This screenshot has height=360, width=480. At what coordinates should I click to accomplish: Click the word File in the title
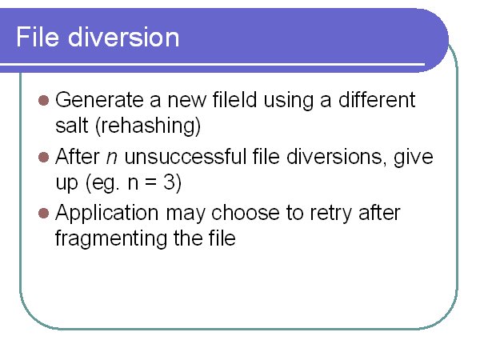[x=38, y=37]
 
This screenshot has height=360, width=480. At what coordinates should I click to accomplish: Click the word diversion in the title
[x=123, y=37]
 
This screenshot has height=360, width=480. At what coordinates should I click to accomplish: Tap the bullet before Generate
[x=44, y=101]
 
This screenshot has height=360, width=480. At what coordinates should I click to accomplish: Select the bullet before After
[x=44, y=157]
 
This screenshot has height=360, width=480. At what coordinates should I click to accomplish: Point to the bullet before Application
[x=44, y=213]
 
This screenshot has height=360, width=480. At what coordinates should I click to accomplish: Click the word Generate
[x=99, y=100]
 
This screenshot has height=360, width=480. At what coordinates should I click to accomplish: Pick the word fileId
[x=234, y=99]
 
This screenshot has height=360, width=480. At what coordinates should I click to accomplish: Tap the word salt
[x=72, y=126]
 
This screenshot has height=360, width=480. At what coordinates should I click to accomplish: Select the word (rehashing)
[x=148, y=126]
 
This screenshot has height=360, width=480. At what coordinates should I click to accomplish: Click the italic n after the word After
[x=112, y=158]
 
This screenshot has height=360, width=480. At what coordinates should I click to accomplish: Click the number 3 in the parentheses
[x=169, y=182]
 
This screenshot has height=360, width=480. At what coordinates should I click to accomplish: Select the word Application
[x=107, y=214]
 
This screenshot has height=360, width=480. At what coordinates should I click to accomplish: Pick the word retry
[x=331, y=214]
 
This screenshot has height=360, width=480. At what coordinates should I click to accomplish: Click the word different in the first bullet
[x=377, y=99]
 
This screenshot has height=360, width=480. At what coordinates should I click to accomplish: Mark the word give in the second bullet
[x=414, y=158]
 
